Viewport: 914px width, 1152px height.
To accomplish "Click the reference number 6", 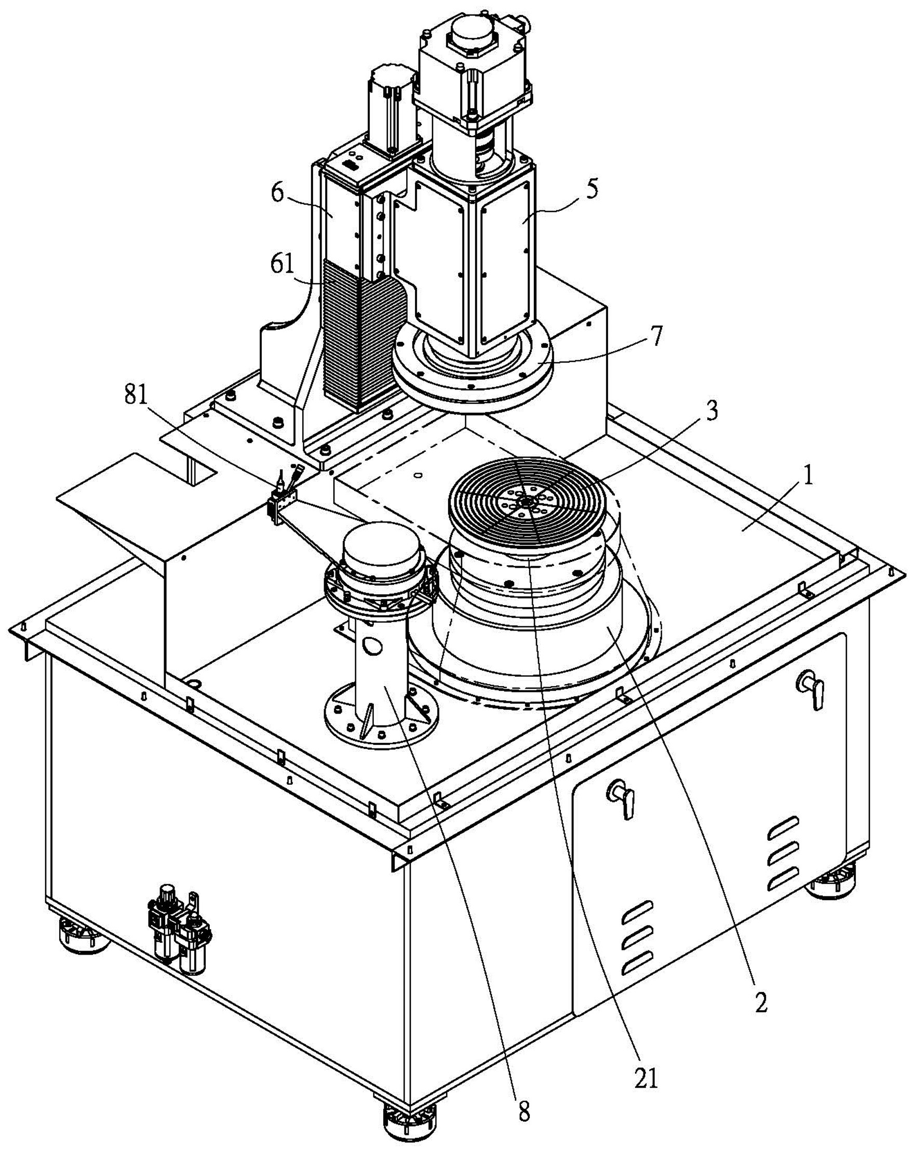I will [x=277, y=193].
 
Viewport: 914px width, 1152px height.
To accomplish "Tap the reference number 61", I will [x=283, y=264].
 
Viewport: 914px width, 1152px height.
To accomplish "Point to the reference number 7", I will [x=655, y=337].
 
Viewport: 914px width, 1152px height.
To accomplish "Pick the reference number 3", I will [x=711, y=412].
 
